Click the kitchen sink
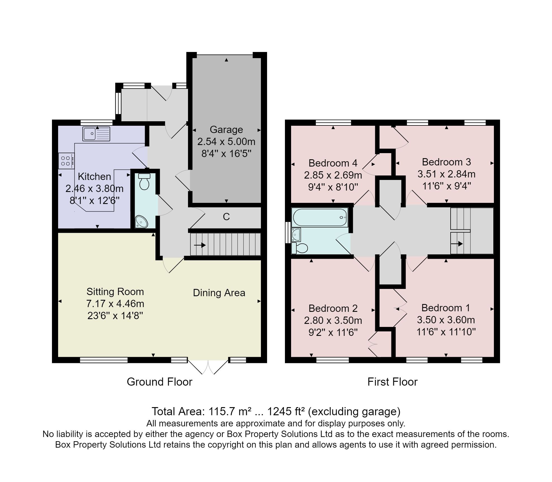96,134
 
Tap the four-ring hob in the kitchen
66,161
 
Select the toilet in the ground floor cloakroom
144,182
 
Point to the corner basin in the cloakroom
141,222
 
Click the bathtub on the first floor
320,217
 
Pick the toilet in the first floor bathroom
299,248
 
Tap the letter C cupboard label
226,217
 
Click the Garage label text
226,130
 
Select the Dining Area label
219,293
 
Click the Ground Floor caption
160,382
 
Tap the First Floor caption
392,382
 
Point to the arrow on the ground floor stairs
200,245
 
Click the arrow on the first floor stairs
457,244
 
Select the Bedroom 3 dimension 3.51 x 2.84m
446,174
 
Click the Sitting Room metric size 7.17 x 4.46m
115,304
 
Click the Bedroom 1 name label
446,308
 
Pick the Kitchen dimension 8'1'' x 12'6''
94,200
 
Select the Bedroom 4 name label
333,163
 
